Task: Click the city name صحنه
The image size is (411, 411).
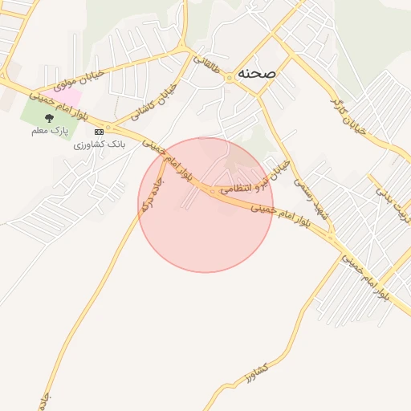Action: [257, 72]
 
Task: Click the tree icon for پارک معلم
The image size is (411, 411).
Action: [50, 118]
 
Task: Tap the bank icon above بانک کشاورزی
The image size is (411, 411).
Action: [99, 131]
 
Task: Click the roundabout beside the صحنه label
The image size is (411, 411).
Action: [230, 77]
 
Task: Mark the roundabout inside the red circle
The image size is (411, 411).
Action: [211, 191]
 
